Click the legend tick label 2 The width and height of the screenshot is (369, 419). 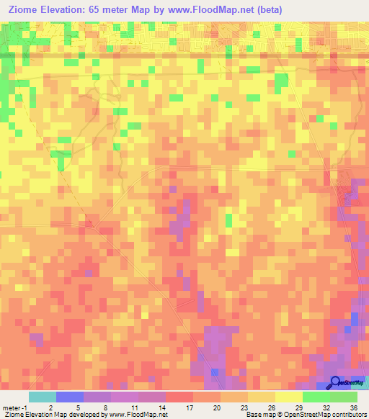(x=50, y=407)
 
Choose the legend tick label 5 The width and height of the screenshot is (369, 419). (x=78, y=407)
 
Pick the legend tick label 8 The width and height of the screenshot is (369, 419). (x=105, y=407)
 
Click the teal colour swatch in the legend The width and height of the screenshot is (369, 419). (x=42, y=396)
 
